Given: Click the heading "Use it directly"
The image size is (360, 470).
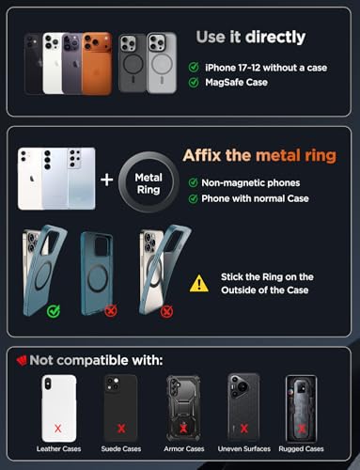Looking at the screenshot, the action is click(x=251, y=37).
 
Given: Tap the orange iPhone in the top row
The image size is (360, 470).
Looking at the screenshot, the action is click(x=97, y=63).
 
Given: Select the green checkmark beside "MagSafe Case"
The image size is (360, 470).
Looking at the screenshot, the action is click(x=194, y=82).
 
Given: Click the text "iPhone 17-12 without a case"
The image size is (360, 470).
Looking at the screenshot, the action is click(x=266, y=68).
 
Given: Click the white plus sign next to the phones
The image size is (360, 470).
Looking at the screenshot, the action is click(x=107, y=180).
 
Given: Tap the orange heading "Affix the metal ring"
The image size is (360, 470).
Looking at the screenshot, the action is click(x=259, y=155).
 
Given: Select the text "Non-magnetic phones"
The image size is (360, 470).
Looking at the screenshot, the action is click(x=251, y=182).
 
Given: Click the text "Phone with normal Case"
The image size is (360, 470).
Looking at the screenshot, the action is click(x=255, y=198).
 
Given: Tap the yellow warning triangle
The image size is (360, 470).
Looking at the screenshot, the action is click(x=199, y=284).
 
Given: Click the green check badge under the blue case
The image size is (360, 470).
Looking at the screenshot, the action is click(x=54, y=311).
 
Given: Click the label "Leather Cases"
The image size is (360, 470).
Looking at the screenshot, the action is click(x=58, y=448).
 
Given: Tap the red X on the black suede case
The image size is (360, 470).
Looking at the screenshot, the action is click(x=121, y=428).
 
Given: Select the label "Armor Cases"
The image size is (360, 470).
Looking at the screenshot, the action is click(x=184, y=448).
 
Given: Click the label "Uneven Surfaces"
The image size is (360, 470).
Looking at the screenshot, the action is click(x=244, y=448).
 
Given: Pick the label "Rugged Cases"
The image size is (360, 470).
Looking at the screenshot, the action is click(x=301, y=448).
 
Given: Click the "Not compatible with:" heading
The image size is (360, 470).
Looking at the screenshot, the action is click(x=96, y=360).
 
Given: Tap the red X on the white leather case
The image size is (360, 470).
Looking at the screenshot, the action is click(x=57, y=428).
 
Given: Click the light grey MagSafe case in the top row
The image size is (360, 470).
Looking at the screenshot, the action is click(x=162, y=63).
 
